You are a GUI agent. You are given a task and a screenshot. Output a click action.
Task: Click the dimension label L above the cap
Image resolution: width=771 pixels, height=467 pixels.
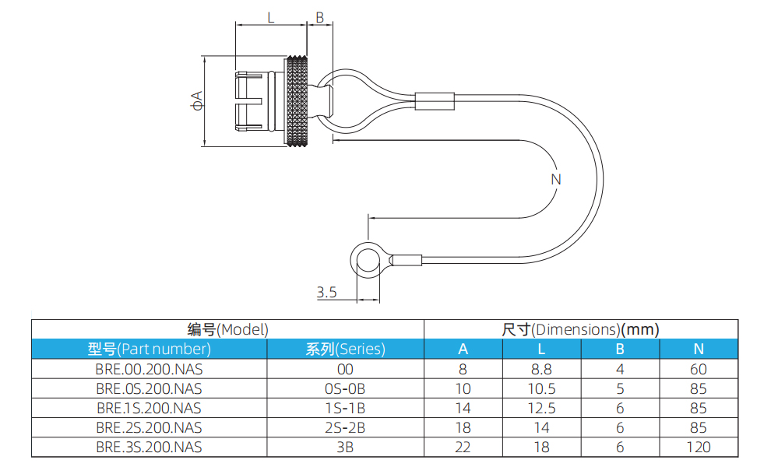click(270, 17)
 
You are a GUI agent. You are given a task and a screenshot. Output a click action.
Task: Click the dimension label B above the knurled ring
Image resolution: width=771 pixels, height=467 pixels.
click(319, 17)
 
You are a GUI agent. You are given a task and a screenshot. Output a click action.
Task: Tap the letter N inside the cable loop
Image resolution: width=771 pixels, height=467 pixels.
click(555, 179)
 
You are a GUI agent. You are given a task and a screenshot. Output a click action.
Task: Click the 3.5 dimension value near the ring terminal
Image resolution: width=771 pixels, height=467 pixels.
click(326, 293)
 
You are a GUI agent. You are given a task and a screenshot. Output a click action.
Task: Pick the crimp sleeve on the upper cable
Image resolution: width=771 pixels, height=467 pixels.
click(434, 100)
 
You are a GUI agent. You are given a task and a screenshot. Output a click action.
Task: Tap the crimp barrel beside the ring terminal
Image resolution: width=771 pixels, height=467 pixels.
click(407, 260)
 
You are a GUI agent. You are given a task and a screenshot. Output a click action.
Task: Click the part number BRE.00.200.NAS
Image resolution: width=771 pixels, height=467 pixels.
click(149, 369)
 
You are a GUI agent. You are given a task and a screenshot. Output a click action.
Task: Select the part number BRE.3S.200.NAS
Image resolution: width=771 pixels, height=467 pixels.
click(149, 447)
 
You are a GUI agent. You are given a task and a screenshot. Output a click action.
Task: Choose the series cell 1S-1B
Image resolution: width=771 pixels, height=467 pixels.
click(345, 408)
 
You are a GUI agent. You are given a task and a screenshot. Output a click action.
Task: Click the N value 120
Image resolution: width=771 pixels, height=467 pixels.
click(698, 447)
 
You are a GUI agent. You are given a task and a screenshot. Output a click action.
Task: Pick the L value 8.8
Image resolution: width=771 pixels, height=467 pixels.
click(541, 369)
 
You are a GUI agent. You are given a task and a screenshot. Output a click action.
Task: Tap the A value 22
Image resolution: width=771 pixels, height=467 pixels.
click(463, 447)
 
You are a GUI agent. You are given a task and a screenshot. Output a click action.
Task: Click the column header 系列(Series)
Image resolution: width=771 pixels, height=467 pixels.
click(345, 349)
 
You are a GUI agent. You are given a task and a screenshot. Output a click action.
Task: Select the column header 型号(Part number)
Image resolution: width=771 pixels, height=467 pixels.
click(149, 349)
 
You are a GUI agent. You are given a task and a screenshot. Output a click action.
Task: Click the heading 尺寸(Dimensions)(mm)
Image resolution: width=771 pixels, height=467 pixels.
click(580, 329)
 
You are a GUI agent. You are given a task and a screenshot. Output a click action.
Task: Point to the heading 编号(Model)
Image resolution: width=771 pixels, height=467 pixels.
click(227, 329)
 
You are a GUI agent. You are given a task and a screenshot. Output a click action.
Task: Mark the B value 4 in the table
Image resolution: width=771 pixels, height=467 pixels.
click(620, 369)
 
